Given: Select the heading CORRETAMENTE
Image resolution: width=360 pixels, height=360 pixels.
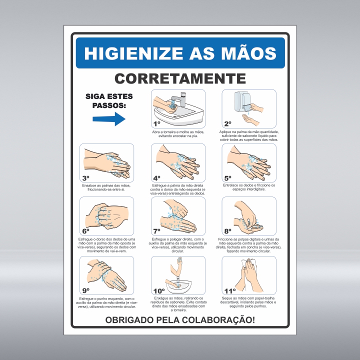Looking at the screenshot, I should coord(180,78).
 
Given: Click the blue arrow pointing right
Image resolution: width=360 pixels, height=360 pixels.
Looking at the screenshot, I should coord(109,118).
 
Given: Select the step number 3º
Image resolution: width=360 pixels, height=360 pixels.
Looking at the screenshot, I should coord(85,177).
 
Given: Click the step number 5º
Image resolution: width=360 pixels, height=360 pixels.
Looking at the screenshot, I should coord(228,177).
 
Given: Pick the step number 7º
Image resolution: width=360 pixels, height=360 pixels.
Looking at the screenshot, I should coord(156,231).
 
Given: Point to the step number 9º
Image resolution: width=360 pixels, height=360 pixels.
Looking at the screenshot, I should coord(86,290).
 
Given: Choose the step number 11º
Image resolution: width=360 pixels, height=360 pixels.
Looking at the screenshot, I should coord(229,290).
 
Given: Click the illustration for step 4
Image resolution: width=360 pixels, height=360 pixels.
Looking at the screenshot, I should coord(178,162).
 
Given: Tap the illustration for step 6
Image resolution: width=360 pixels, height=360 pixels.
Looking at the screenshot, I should coord(106,215).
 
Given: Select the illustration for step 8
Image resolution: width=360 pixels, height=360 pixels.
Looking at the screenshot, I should coord(249,215).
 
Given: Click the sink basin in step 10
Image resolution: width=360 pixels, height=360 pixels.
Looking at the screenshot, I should coord(179,287).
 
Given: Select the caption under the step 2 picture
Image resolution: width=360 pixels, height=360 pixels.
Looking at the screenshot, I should coord(248,136).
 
